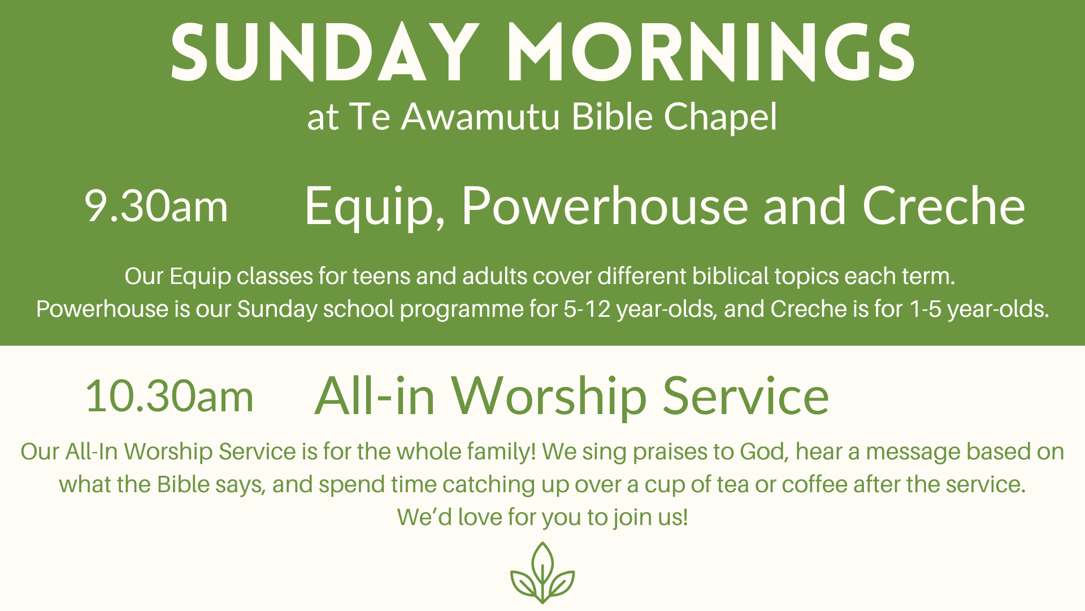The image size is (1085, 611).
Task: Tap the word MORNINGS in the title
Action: click(711, 53)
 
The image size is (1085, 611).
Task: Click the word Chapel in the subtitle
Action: click(721, 118)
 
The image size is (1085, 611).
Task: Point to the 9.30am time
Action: click(156, 206)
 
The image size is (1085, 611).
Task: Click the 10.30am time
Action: click(170, 396)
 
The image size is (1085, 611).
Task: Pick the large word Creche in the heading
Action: click(944, 206)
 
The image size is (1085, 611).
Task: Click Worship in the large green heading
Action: click(549, 397)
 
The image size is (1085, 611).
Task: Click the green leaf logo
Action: click(542, 573)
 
